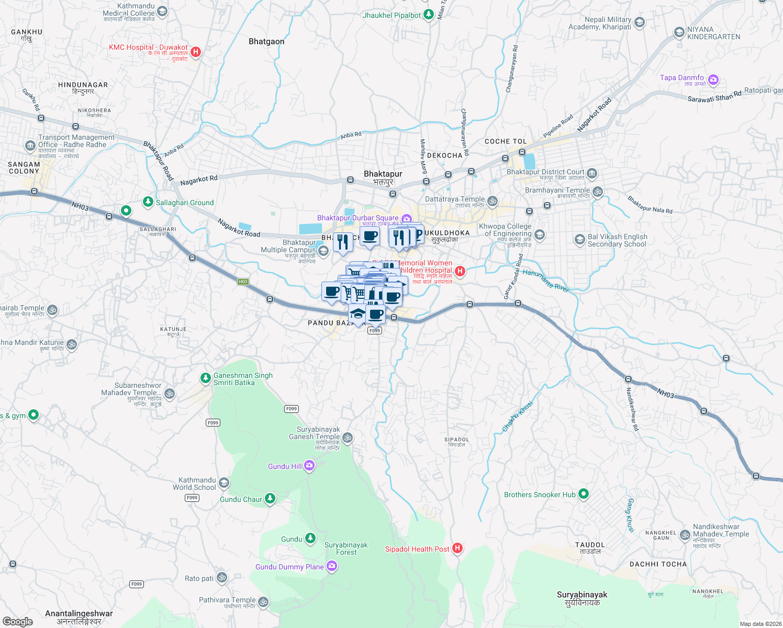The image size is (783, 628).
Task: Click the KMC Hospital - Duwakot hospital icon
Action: (x=196, y=51)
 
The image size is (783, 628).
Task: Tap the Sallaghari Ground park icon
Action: (x=148, y=202)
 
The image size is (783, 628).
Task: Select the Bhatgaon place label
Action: (x=266, y=41)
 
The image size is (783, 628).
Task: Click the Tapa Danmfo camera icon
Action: (x=713, y=80)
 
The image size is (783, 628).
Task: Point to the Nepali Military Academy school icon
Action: (x=640, y=23)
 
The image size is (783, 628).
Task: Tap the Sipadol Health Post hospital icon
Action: (x=457, y=548)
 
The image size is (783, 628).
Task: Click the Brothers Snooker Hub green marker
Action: (x=584, y=494)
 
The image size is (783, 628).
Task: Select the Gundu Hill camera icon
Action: (x=309, y=466)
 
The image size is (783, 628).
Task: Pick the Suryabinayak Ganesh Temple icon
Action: (x=348, y=438)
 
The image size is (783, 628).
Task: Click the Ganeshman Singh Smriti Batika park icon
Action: (x=206, y=377)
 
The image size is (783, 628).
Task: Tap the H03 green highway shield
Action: (x=243, y=282)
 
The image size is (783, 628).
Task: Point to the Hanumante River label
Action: (x=545, y=281)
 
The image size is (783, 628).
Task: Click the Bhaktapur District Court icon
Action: (x=592, y=173)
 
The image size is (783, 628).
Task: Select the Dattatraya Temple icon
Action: (x=492, y=200)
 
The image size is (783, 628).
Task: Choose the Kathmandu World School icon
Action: (x=223, y=483)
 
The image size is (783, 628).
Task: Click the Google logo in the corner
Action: (x=18, y=621)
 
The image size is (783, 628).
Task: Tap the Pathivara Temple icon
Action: (x=263, y=602)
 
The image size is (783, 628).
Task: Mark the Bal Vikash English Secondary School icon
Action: (x=579, y=240)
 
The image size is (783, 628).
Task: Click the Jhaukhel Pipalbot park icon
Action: (x=428, y=14)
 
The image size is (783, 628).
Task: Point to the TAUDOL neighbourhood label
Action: (x=590, y=545)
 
